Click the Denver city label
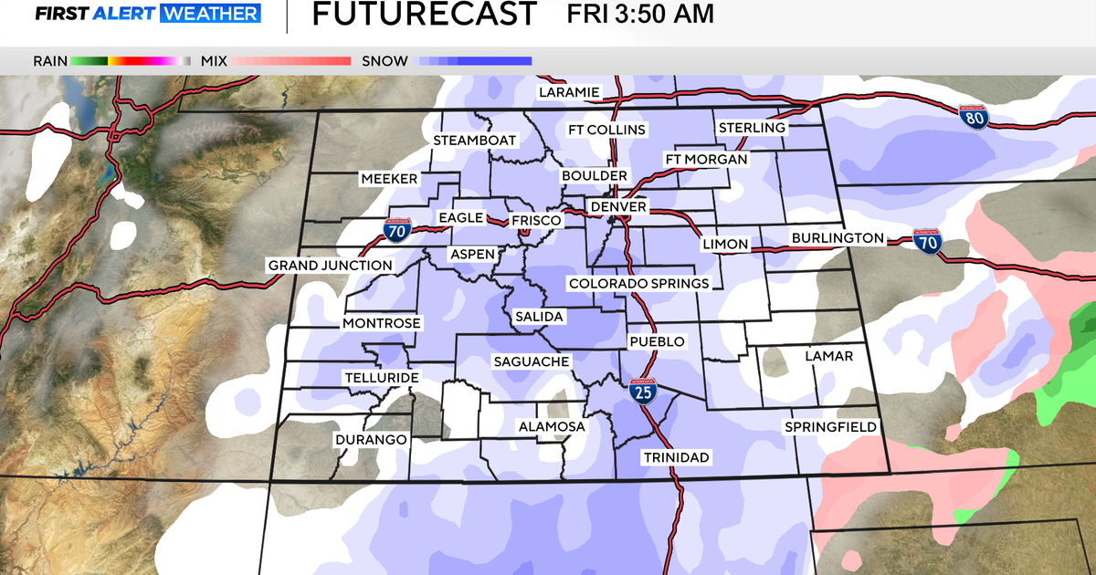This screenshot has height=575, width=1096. (618, 207)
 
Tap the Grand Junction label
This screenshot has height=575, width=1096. (330, 266)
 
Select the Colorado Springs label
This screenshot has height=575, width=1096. (638, 283)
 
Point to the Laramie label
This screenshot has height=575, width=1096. (568, 92)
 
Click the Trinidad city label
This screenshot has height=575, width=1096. (676, 456)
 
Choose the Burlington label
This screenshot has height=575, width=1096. (838, 238)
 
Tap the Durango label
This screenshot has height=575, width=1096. (370, 439)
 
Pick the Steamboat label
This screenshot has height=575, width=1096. (475, 141)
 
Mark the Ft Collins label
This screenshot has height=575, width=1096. (606, 130)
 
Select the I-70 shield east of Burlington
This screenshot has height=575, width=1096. (928, 242)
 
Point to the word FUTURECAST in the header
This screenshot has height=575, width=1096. (424, 15)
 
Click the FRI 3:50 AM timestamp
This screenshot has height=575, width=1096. (640, 15)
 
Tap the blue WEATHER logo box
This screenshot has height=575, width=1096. (211, 14)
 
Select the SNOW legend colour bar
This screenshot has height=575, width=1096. (474, 61)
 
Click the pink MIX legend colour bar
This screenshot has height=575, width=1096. (291, 61)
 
